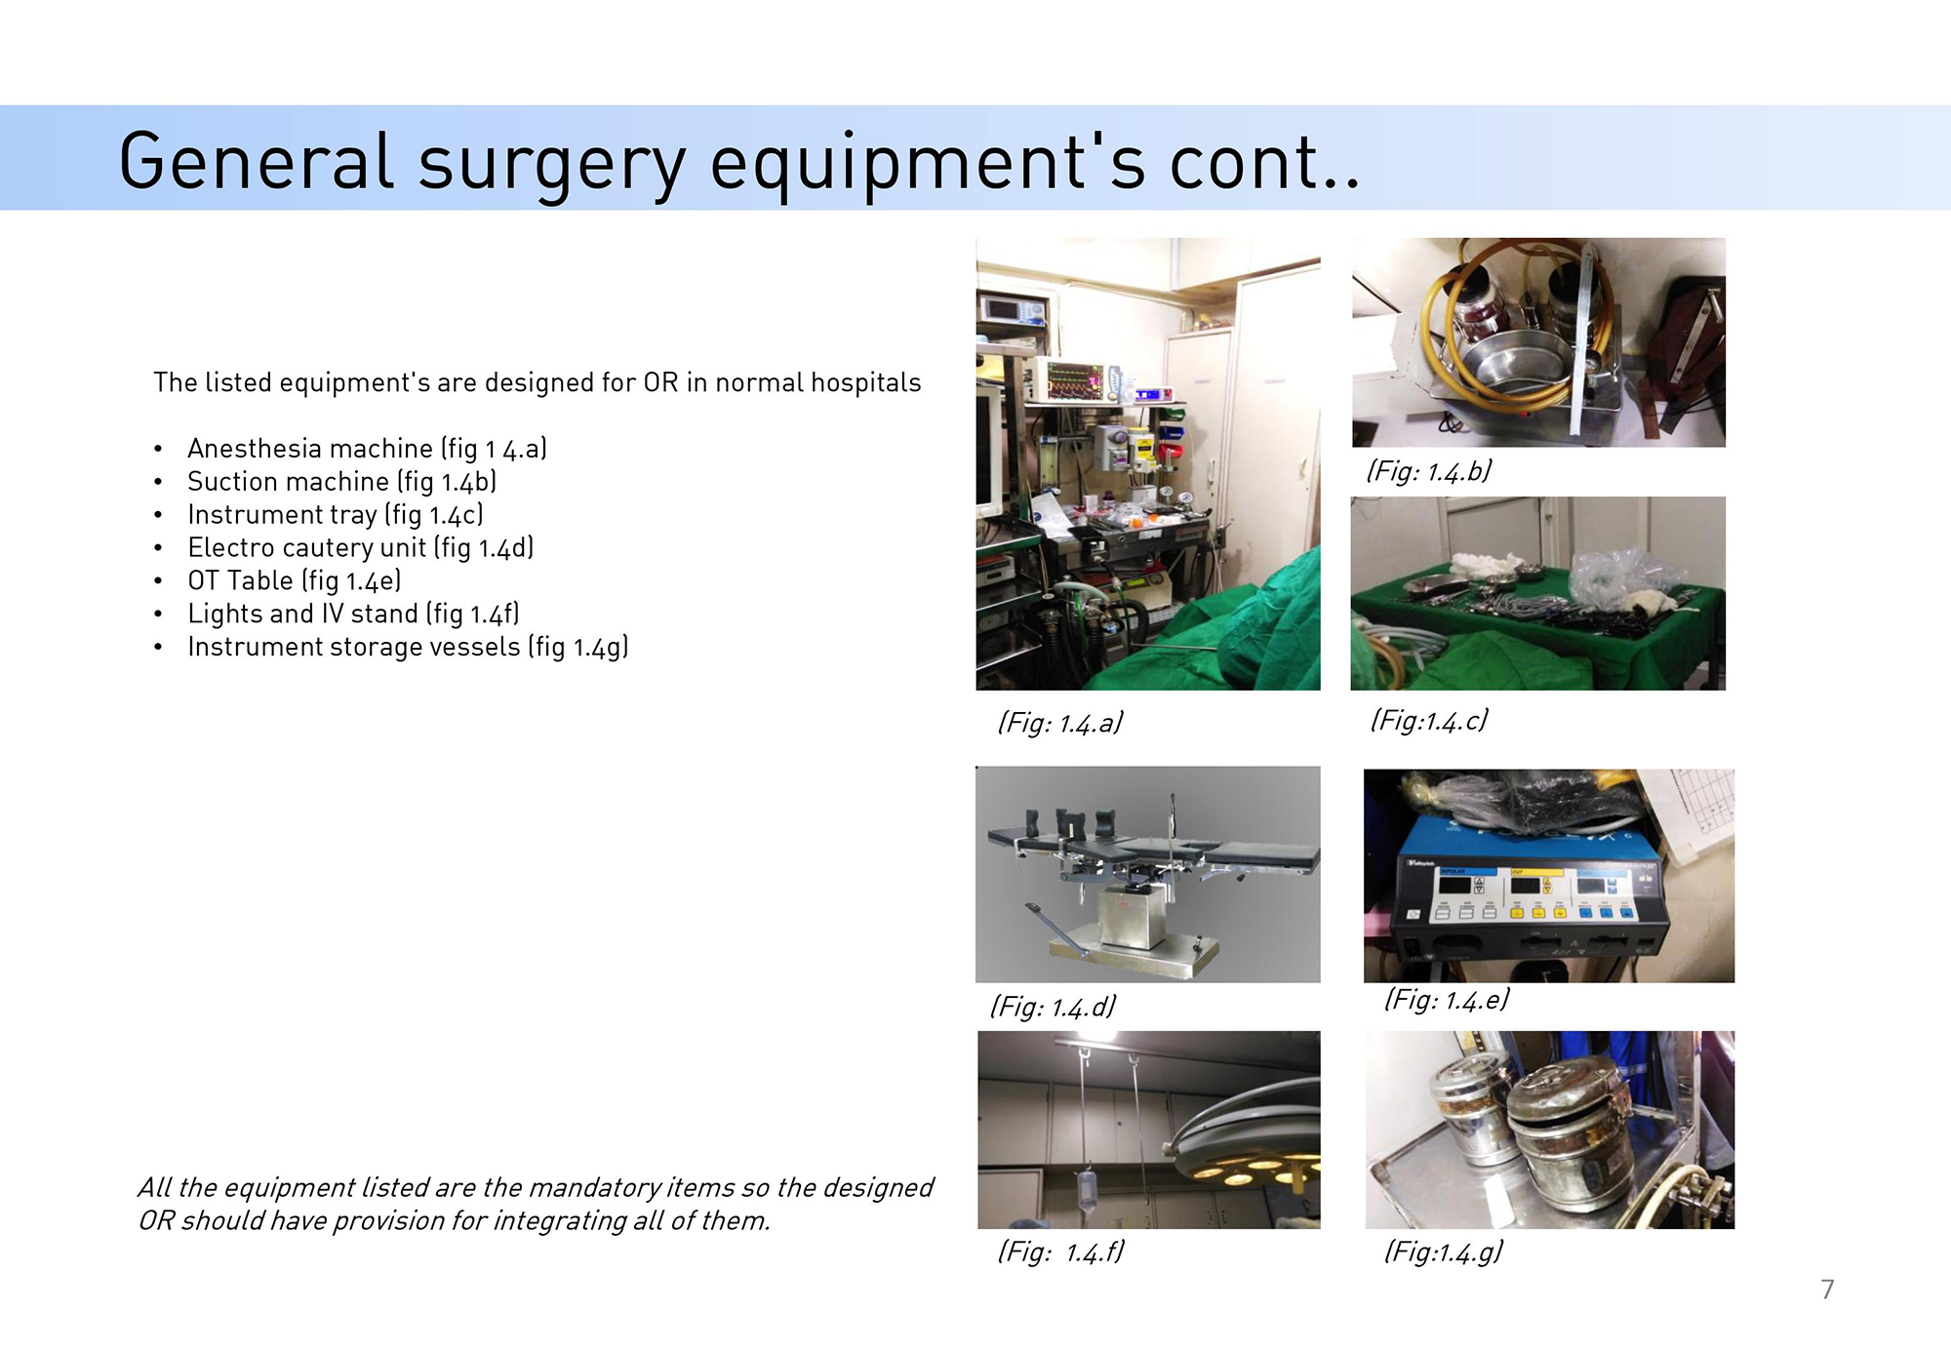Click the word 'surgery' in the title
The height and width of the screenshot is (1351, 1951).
click(x=552, y=164)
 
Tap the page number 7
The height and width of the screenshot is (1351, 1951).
click(x=1827, y=1290)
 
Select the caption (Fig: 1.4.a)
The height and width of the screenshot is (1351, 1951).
click(x=1060, y=723)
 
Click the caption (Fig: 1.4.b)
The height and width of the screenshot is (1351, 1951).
click(x=1429, y=472)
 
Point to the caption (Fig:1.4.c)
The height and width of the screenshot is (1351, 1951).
click(x=1429, y=721)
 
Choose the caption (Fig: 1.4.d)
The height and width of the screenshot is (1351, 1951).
click(x=1054, y=1007)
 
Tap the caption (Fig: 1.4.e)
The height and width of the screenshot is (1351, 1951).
click(x=1447, y=1000)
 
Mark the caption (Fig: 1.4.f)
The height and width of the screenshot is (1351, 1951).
click(x=1061, y=1252)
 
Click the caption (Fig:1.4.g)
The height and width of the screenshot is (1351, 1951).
click(x=1444, y=1252)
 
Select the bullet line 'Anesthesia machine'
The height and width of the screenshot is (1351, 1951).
click(x=367, y=449)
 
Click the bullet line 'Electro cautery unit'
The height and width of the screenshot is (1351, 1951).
click(x=361, y=548)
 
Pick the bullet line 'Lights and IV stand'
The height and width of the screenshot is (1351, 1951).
click(x=353, y=615)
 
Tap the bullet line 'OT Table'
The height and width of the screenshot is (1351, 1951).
click(x=295, y=581)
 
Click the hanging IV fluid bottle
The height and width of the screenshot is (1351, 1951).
click(x=1084, y=1191)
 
